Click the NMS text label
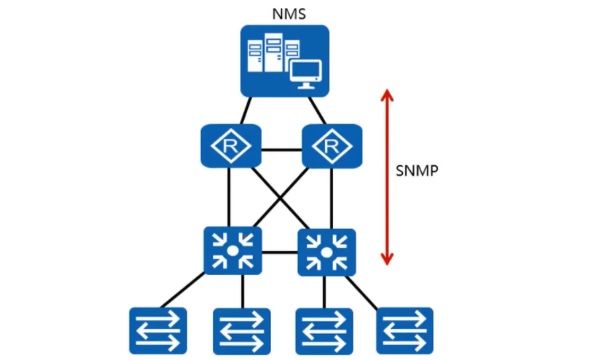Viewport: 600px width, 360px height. (x=289, y=14)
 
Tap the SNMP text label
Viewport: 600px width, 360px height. (x=416, y=171)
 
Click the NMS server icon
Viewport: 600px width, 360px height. (x=285, y=61)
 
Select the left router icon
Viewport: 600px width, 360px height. (x=230, y=145)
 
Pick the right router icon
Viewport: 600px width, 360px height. (x=331, y=145)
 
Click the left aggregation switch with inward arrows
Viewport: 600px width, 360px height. (x=233, y=250)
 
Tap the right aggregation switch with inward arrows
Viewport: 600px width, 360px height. (x=327, y=252)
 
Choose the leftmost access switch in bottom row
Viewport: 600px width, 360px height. (x=158, y=331)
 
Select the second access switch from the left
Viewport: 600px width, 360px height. (x=242, y=331)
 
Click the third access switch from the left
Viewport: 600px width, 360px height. (x=324, y=331)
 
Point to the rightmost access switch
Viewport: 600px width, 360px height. (x=405, y=331)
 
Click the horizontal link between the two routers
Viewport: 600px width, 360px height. (x=281, y=149)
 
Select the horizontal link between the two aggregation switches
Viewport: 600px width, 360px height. (x=280, y=252)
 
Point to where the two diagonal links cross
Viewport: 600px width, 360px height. (x=281, y=199)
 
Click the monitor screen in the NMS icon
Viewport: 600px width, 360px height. (x=305, y=71)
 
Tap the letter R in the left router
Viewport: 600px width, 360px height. (x=230, y=145)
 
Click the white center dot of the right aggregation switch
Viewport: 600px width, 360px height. (x=326, y=253)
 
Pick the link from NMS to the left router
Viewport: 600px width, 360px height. (x=246, y=110)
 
